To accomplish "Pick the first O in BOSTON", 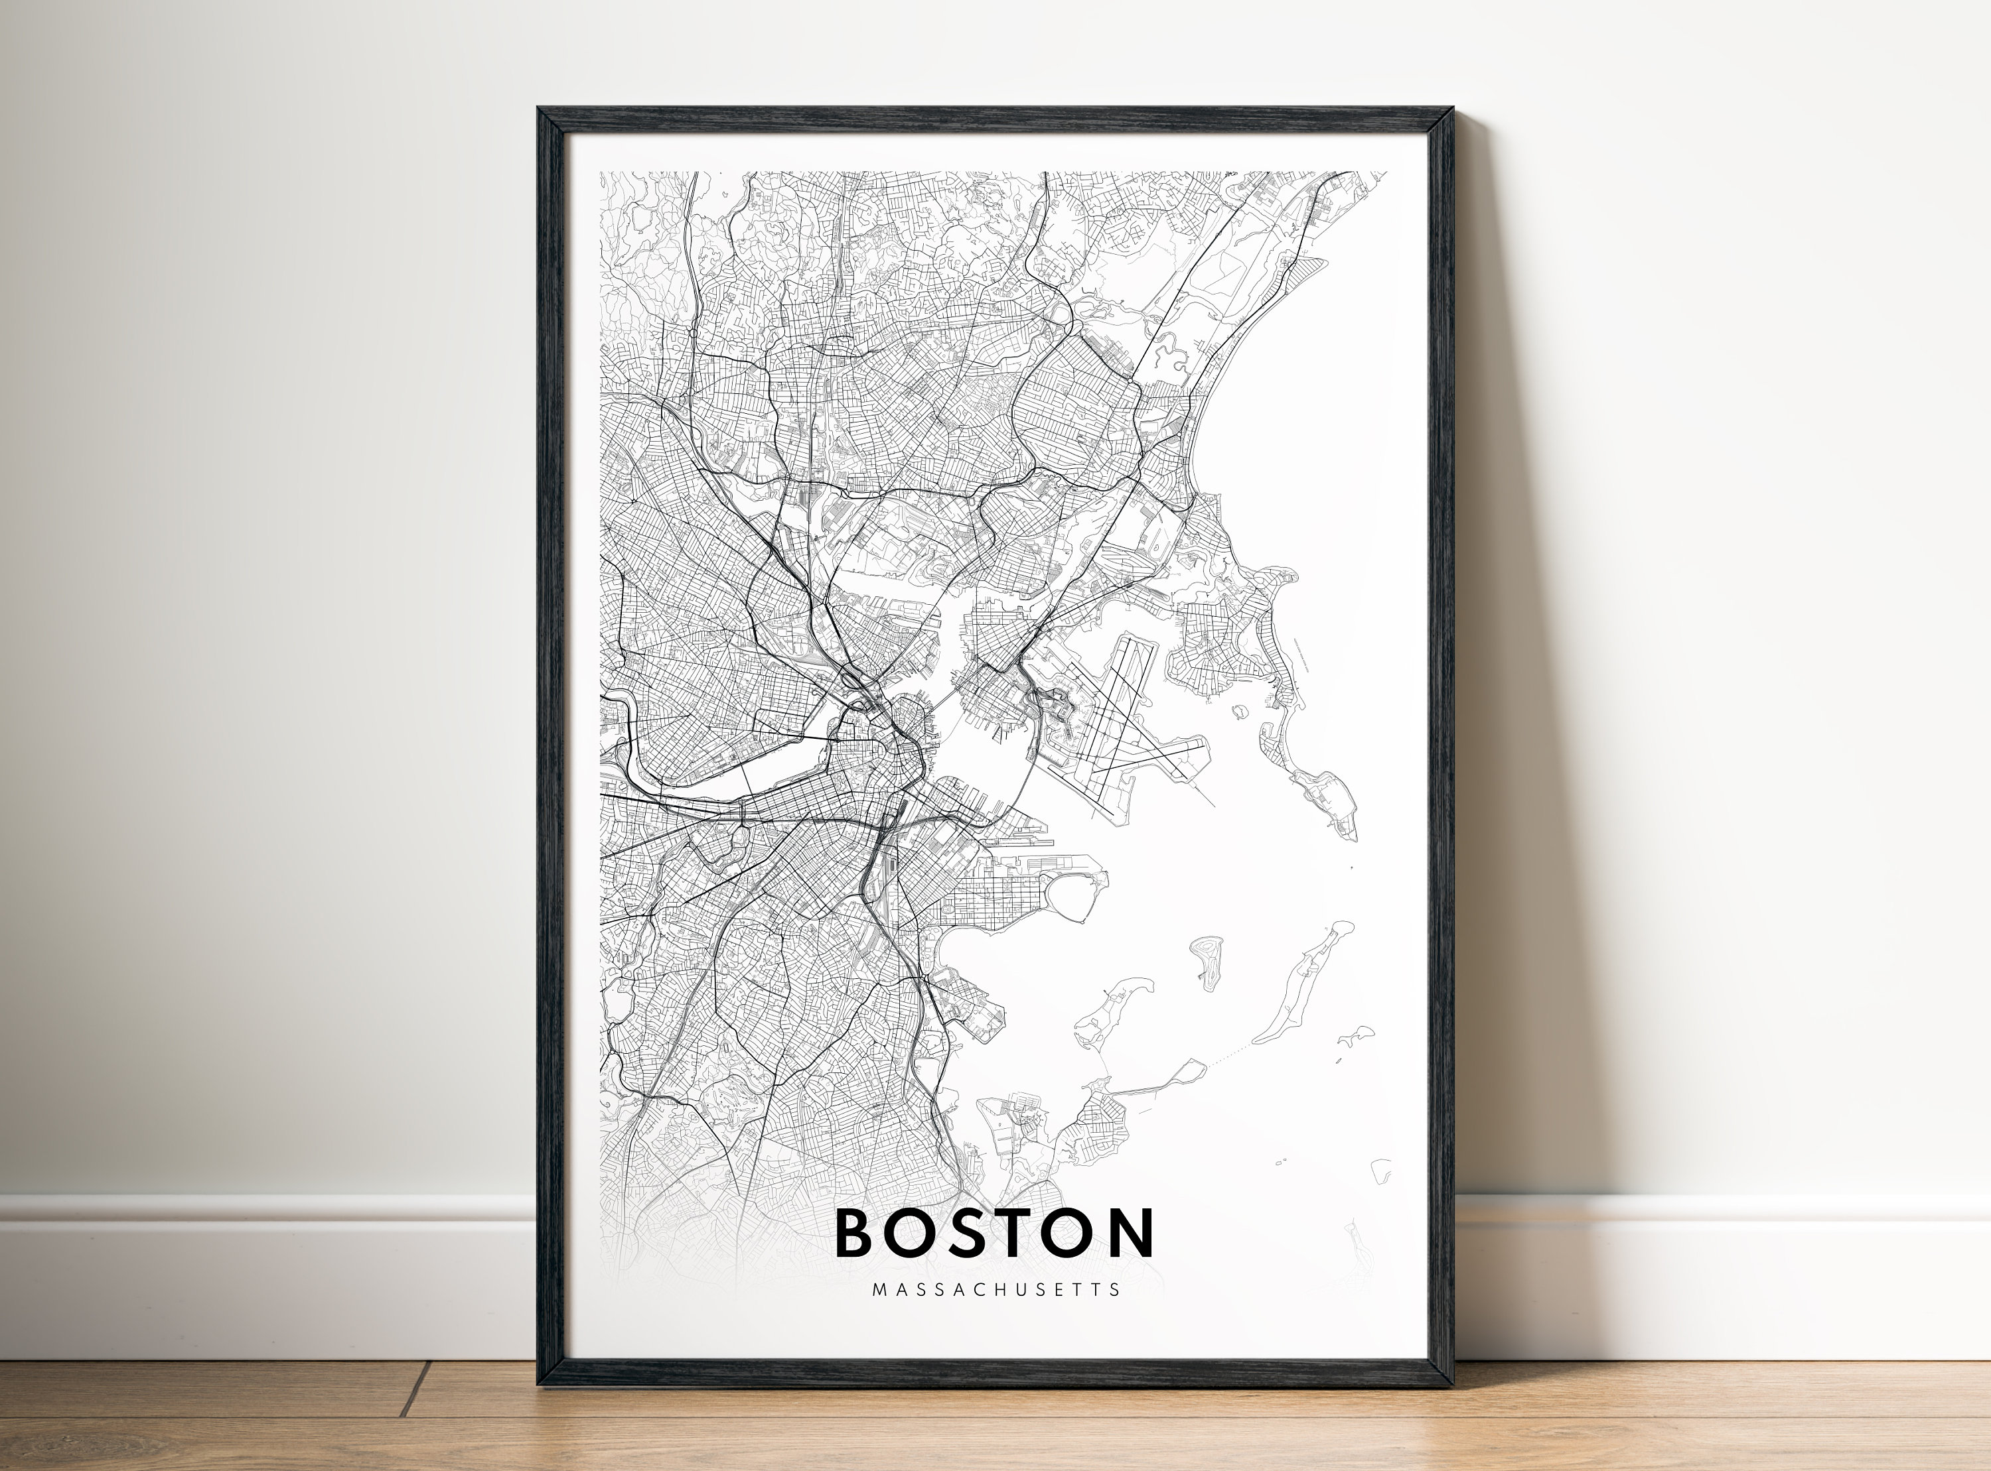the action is (x=911, y=1234).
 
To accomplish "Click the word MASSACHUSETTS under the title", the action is (x=996, y=1289).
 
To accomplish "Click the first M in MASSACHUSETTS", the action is (x=879, y=1289).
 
